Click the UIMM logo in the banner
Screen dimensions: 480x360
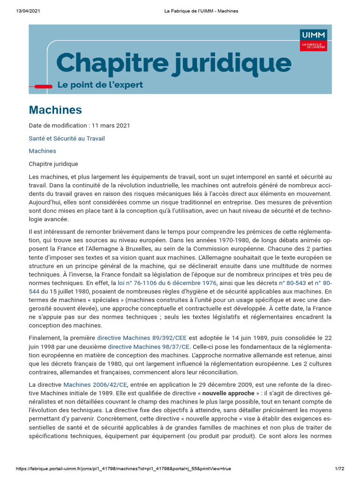pyautogui.click(x=314, y=40)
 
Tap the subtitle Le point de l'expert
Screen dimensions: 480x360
pyautogui.click(x=100, y=85)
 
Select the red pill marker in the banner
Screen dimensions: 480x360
pyautogui.click(x=44, y=86)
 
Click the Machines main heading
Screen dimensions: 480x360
pyautogui.click(x=55, y=110)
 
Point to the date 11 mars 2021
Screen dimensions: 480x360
pyautogui.click(x=111, y=126)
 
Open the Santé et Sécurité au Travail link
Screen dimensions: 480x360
pyautogui.click(x=67, y=138)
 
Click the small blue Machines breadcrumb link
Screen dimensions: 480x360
pyautogui.click(x=42, y=151)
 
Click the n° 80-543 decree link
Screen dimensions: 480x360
pyautogui.click(x=292, y=283)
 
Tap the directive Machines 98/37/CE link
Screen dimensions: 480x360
pyautogui.click(x=149, y=347)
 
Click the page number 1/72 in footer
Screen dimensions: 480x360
pyautogui.click(x=339, y=469)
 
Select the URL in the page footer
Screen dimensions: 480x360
pyautogui.click(x=123, y=469)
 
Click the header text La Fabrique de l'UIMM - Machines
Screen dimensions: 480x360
pyautogui.click(x=201, y=11)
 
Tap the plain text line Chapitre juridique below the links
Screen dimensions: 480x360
pyautogui.click(x=53, y=164)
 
